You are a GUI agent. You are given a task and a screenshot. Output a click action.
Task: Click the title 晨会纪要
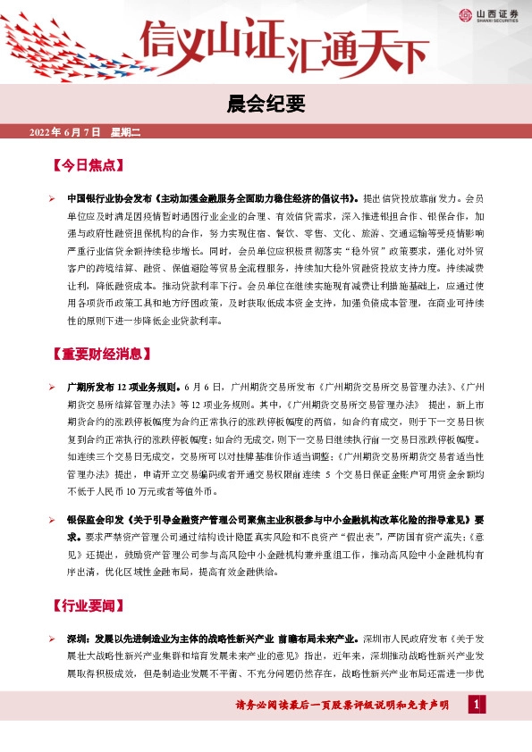point(266,104)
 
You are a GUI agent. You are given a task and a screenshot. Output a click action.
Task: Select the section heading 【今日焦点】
point(85,166)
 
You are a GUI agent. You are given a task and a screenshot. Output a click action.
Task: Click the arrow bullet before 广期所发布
point(52,387)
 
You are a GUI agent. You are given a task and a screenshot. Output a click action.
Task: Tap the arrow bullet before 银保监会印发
point(52,519)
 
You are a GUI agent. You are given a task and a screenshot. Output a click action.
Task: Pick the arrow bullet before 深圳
point(52,639)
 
